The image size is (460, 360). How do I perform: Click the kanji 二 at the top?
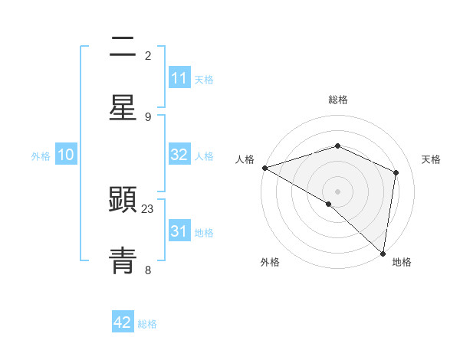pos(123,48)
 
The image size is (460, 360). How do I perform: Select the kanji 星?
pos(123,107)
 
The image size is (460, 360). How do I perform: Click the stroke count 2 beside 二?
pos(148,56)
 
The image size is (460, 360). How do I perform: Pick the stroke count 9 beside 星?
pos(148,116)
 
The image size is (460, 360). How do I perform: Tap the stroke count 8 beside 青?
pos(148,270)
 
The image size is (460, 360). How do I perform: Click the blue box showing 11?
pos(179,78)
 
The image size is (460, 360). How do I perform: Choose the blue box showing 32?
pos(179,155)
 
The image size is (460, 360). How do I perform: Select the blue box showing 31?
pos(179,231)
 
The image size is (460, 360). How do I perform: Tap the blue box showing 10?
pos(66,155)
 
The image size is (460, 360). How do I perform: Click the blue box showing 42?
pos(123,322)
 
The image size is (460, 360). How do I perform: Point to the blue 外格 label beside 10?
pos(41,156)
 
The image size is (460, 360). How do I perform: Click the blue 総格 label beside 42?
pos(147,324)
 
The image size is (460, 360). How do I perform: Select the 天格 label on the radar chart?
pos(432,160)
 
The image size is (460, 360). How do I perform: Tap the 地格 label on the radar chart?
pos(402,263)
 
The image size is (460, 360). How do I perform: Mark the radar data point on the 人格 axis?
pos(264,168)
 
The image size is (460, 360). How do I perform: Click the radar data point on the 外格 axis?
pos(329,204)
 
